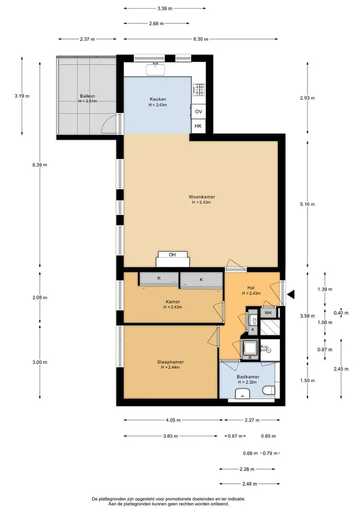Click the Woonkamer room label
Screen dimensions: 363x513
tap(202, 197)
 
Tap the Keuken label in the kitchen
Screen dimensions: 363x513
tap(158, 99)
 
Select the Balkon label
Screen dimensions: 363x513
tap(87, 96)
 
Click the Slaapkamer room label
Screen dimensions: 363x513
tap(170, 362)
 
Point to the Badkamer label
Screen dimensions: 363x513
tap(248, 377)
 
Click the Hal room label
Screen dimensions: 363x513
tap(251, 288)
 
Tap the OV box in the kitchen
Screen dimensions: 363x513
tap(199, 111)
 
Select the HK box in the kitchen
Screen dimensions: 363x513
tap(198, 126)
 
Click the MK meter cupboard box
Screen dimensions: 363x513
tap(269, 313)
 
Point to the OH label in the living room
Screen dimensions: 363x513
tap(172, 255)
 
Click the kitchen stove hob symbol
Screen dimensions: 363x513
tap(199, 90)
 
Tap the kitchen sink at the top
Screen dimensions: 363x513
tap(155, 69)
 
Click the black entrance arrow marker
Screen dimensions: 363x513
tap(291, 295)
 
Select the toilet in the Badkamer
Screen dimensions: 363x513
tap(269, 390)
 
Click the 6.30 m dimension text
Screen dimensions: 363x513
tap(201, 39)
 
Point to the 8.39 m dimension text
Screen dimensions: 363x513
tap(39, 165)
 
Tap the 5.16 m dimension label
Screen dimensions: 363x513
tap(308, 204)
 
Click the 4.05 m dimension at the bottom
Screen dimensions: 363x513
tap(173, 420)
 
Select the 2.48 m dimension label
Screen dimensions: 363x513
tap(249, 484)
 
